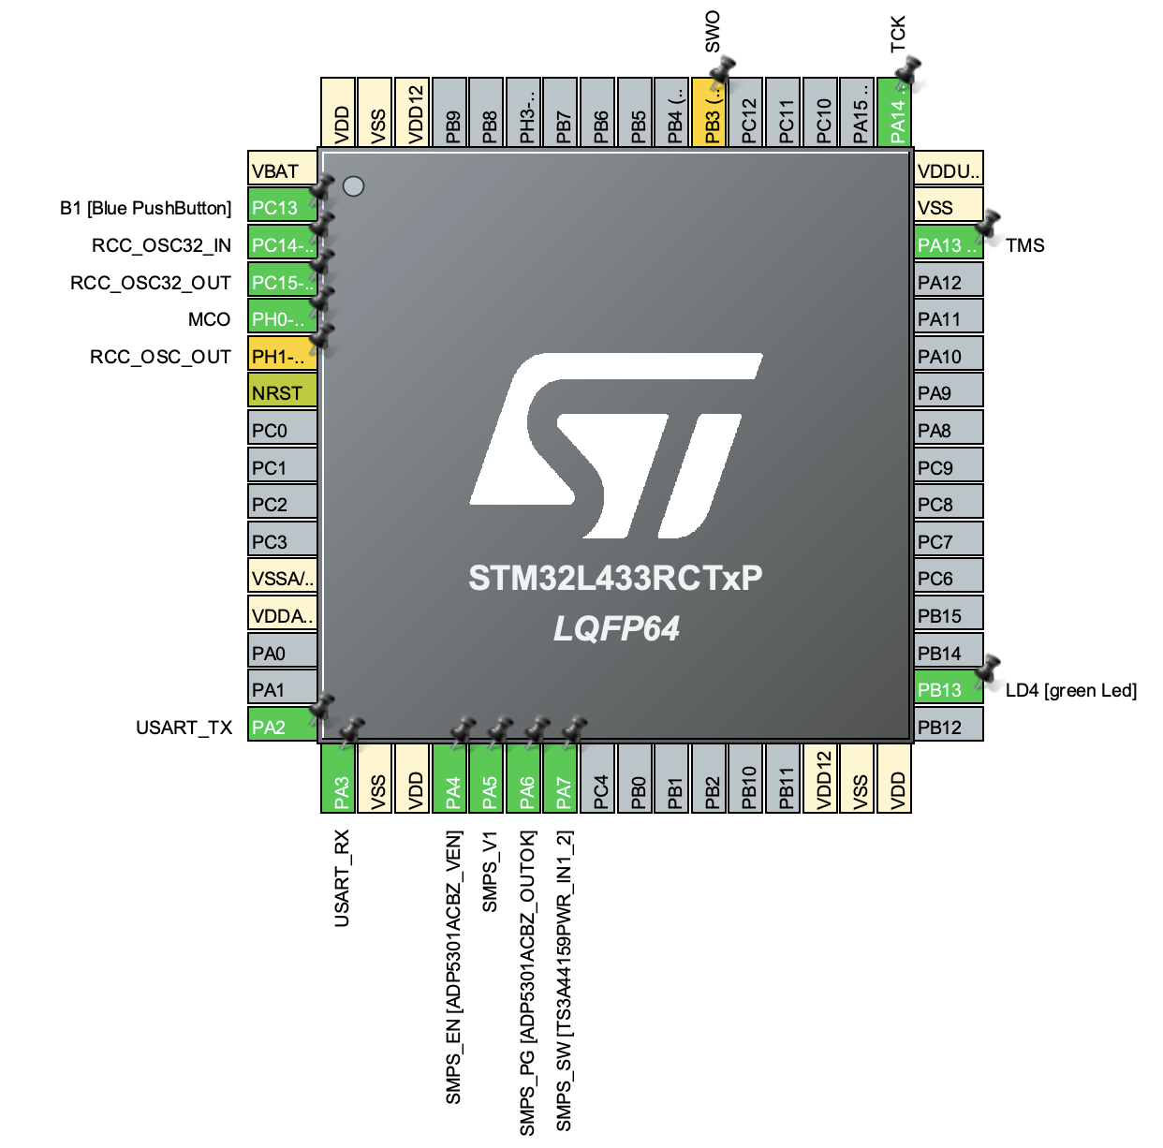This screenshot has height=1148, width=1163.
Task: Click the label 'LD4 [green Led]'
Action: (x=1070, y=690)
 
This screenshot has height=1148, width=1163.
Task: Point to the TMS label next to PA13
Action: (x=1024, y=245)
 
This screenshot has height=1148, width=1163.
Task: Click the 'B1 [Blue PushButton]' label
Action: (x=145, y=208)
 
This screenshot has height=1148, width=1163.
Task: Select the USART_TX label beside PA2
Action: (x=184, y=728)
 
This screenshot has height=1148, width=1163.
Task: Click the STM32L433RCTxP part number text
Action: (x=615, y=578)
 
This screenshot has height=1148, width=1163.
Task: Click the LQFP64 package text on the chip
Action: (x=615, y=628)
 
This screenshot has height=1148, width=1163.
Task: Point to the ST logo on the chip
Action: (x=615, y=446)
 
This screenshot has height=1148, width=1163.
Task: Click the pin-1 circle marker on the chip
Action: (x=353, y=186)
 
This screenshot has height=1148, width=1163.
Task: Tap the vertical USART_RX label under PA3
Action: (x=342, y=877)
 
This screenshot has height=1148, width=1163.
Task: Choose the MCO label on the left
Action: (x=209, y=319)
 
